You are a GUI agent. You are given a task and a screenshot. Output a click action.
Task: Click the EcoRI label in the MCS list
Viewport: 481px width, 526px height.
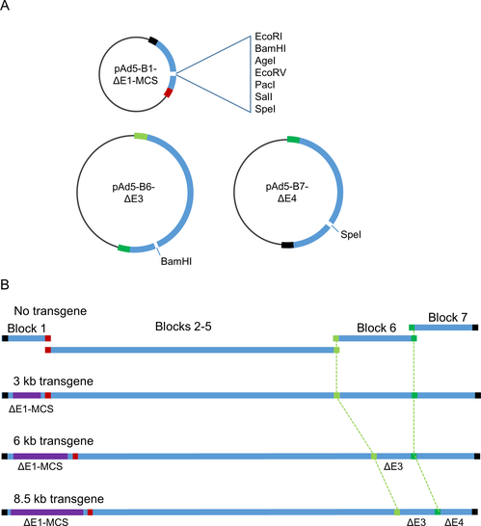click(x=268, y=37)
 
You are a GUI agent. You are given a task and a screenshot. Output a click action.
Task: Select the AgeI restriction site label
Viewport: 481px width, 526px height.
click(x=265, y=61)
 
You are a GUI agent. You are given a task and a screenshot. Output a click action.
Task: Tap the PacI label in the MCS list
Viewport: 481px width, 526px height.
click(x=265, y=85)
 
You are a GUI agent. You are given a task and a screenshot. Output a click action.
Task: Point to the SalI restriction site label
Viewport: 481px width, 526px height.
click(x=263, y=96)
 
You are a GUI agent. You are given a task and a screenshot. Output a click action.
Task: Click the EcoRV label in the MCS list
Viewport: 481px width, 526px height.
click(x=270, y=72)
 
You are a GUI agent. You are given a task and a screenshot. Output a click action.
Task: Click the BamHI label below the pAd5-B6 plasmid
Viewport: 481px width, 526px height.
click(x=175, y=261)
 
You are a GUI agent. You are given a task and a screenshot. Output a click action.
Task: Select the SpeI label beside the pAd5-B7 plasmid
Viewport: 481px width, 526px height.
click(x=351, y=234)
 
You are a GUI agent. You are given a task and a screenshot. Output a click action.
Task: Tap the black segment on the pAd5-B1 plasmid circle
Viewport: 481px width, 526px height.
click(x=153, y=40)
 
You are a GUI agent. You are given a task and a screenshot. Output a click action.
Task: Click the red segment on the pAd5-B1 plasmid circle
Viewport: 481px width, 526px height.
click(x=169, y=92)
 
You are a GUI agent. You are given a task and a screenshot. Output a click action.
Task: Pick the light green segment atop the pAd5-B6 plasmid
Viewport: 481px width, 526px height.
click(x=141, y=136)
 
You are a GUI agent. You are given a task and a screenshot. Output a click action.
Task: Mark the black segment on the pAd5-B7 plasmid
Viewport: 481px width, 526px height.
click(x=287, y=245)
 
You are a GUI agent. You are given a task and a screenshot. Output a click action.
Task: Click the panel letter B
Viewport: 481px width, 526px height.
click(x=5, y=284)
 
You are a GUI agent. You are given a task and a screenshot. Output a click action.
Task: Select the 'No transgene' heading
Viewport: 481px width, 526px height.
click(x=50, y=311)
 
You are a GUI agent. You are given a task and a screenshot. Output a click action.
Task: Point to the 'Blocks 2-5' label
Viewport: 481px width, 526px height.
click(x=183, y=327)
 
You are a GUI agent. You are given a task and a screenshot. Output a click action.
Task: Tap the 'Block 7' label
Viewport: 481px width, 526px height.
click(x=448, y=317)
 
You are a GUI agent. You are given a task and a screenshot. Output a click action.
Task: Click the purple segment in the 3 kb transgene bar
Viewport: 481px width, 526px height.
click(x=27, y=396)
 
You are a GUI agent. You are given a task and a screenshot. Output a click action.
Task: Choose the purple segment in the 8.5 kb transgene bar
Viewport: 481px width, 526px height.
click(x=47, y=512)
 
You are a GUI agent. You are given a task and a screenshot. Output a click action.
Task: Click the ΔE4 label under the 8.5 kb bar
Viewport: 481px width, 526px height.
click(x=454, y=521)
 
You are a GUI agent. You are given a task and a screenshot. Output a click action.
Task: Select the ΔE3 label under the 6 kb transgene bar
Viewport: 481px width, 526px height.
click(x=393, y=466)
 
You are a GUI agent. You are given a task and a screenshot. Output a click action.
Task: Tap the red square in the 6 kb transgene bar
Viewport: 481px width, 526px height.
click(x=75, y=457)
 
